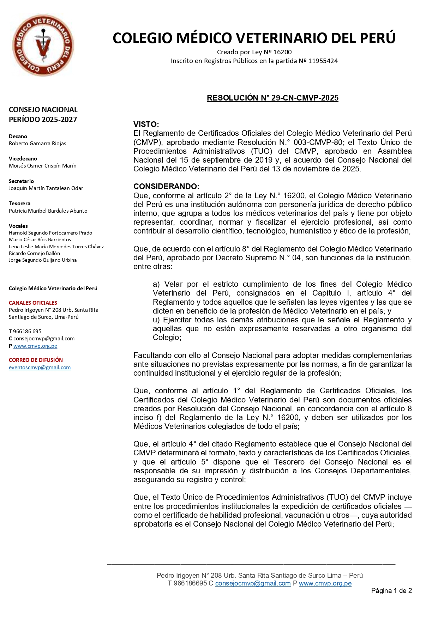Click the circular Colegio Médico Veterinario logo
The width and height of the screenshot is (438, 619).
pyautogui.click(x=43, y=45)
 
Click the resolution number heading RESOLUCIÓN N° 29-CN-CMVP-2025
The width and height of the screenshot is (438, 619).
pyautogui.click(x=272, y=98)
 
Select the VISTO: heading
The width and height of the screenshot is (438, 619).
pyautogui.click(x=146, y=124)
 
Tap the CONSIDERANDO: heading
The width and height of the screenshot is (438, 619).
pyautogui.click(x=166, y=186)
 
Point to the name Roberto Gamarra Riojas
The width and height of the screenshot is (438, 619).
pyautogui.click(x=37, y=144)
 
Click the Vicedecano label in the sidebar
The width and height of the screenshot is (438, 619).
pyautogui.click(x=23, y=159)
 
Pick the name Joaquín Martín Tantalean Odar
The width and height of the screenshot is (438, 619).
pyautogui.click(x=46, y=188)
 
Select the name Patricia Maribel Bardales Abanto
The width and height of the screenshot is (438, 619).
pyautogui.click(x=48, y=211)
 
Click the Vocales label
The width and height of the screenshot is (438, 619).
pyautogui.click(x=18, y=226)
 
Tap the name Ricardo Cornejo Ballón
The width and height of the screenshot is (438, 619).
pyautogui.click(x=34, y=253)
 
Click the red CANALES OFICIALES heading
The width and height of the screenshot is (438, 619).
pyautogui.click(x=33, y=303)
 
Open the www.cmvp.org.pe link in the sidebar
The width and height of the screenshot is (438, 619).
pyautogui.click(x=35, y=346)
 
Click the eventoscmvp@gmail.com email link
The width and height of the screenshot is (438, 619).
pyautogui.click(x=40, y=368)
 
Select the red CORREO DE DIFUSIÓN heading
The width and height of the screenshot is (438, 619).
pyautogui.click(x=36, y=360)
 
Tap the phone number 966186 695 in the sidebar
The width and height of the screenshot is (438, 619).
pyautogui.click(x=27, y=332)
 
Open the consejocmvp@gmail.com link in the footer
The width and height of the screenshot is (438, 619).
pyautogui.click(x=253, y=583)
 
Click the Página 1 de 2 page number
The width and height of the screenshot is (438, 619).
pyautogui.click(x=391, y=591)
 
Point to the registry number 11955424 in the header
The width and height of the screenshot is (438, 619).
pyautogui.click(x=323, y=61)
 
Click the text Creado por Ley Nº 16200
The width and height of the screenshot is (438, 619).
pyautogui.click(x=254, y=52)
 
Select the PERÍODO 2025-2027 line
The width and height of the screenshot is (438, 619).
pyautogui.click(x=43, y=120)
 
